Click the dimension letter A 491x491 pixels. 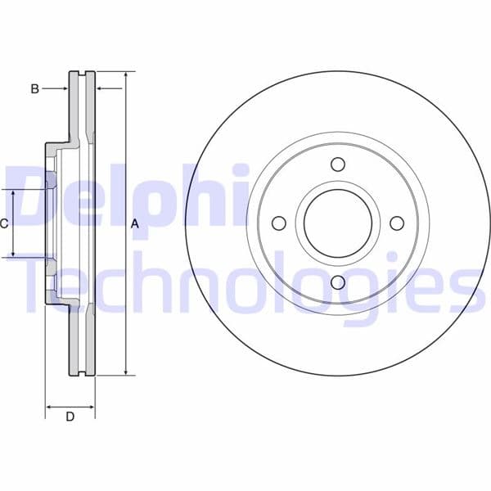[135, 223]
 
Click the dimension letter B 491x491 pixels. [34, 88]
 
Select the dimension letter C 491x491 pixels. [4, 223]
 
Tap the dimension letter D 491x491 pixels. [70, 417]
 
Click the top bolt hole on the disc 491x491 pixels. [338, 164]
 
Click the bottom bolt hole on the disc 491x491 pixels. [338, 282]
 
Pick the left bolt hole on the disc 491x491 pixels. [278, 223]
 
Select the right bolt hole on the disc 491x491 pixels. [397, 223]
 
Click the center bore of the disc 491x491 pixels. [338, 223]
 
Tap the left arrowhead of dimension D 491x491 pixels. [49, 405]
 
